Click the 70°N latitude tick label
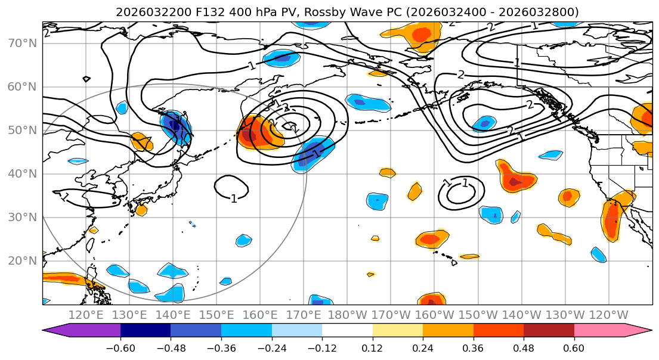(21, 43)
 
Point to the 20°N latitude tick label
(21, 261)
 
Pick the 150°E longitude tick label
(217, 315)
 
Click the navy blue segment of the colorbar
(146, 330)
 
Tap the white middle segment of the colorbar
(347, 330)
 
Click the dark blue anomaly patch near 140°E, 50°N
(177, 127)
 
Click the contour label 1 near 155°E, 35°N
(234, 198)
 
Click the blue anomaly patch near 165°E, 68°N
(281, 58)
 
